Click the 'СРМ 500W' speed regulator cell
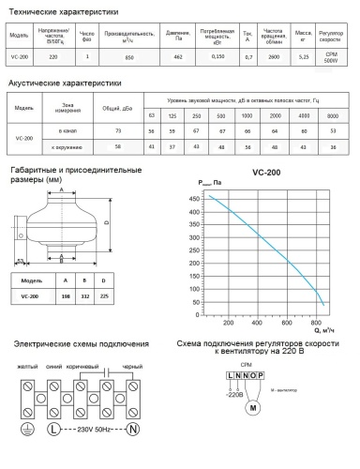tap(339, 57)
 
